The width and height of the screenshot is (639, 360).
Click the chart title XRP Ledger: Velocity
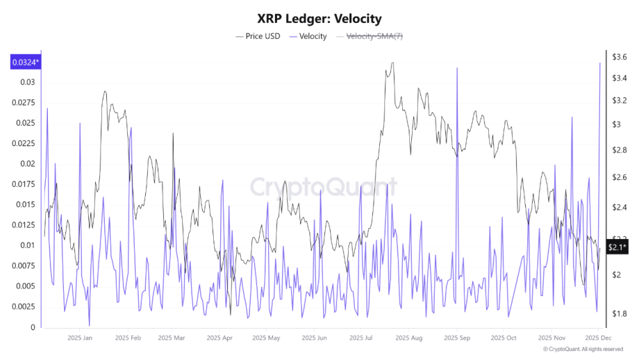(319, 19)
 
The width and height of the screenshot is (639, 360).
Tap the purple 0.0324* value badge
(25, 63)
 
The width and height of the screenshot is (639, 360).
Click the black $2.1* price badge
(617, 247)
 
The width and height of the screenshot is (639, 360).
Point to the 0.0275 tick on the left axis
(25, 103)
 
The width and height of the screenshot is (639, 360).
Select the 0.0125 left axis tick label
(25, 225)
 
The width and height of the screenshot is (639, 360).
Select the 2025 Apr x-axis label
(219, 338)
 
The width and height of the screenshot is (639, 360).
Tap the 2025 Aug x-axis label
(408, 338)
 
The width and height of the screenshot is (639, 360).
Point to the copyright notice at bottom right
(583, 349)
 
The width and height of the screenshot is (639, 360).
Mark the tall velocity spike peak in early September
(457, 67)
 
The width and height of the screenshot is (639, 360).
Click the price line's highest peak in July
(393, 63)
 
